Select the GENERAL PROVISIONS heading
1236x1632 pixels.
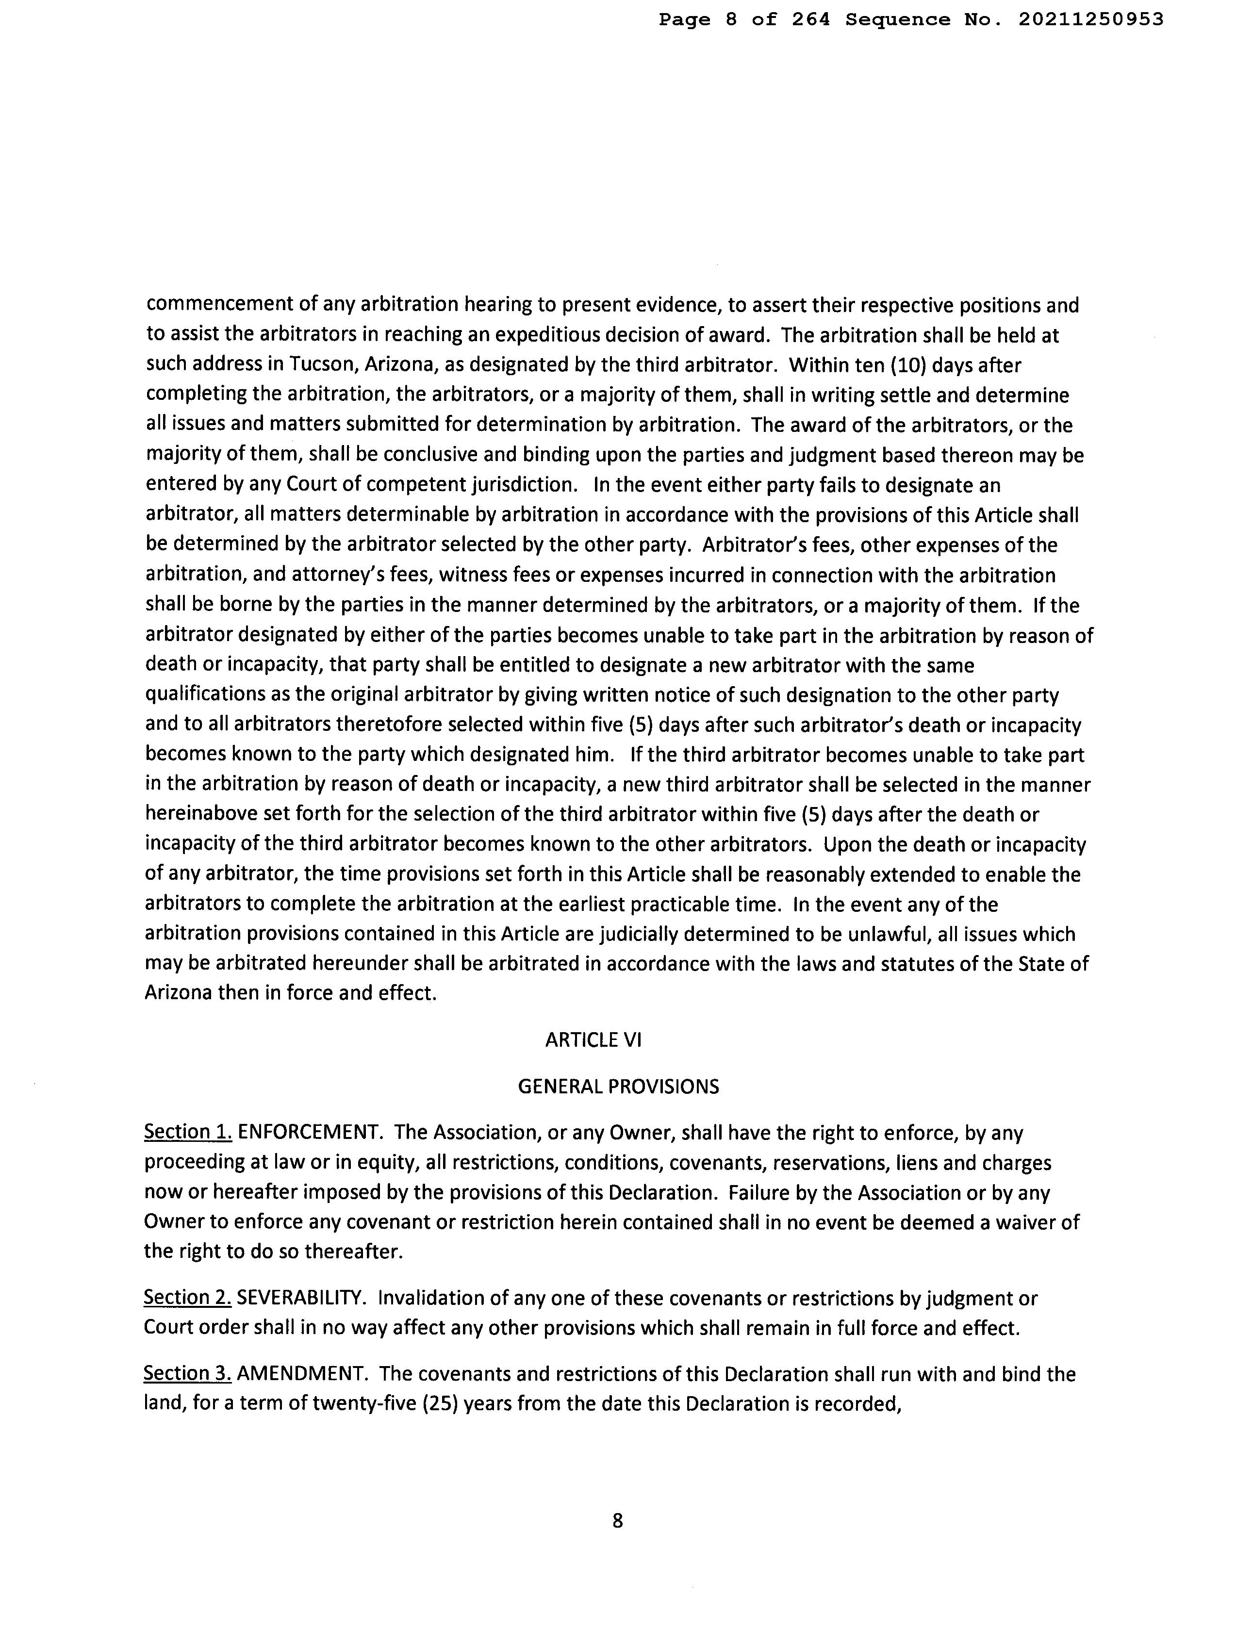pos(618,1086)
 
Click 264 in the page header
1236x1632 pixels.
pos(810,20)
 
